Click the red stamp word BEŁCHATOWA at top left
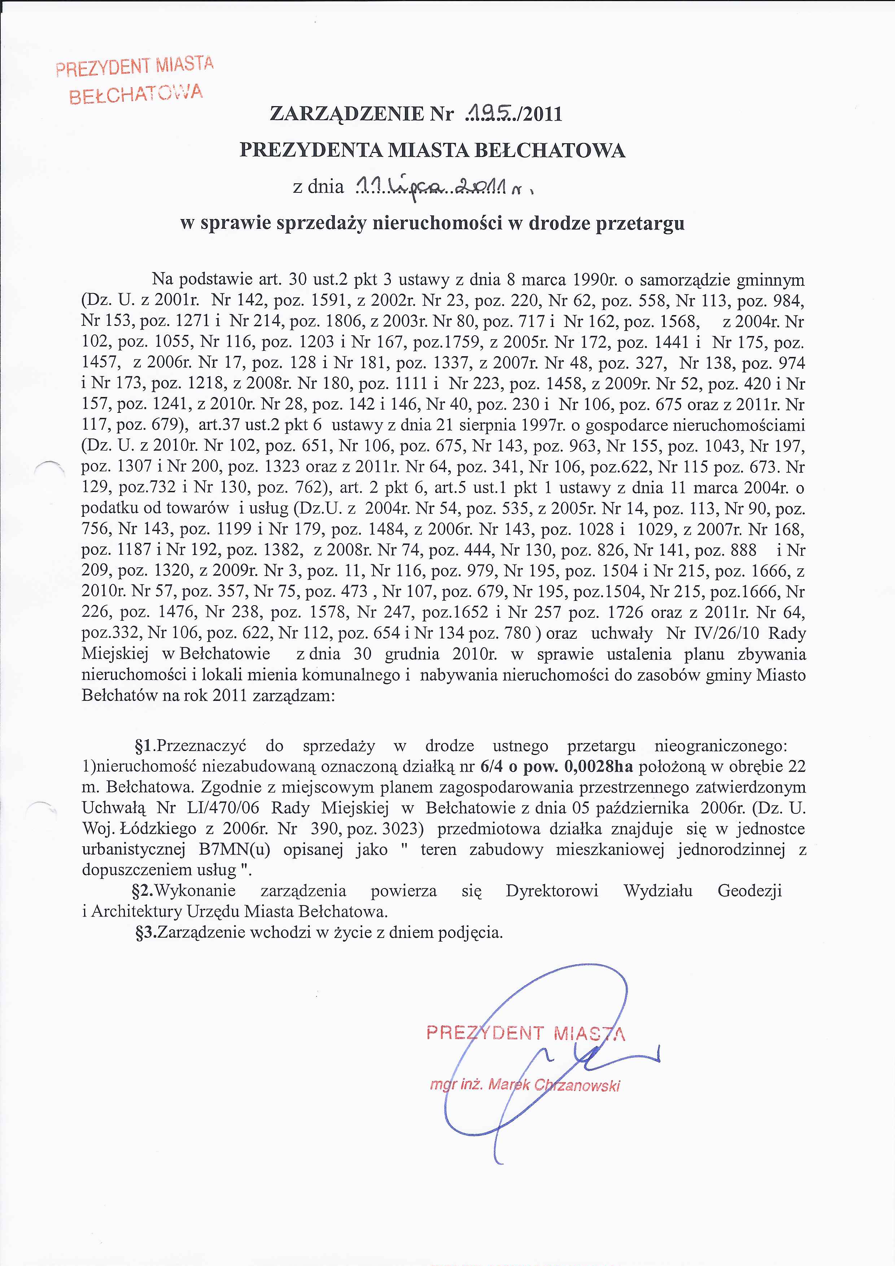coord(136,94)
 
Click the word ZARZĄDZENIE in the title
coord(346,114)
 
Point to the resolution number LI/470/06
coord(223,808)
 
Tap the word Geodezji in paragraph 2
coord(750,891)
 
